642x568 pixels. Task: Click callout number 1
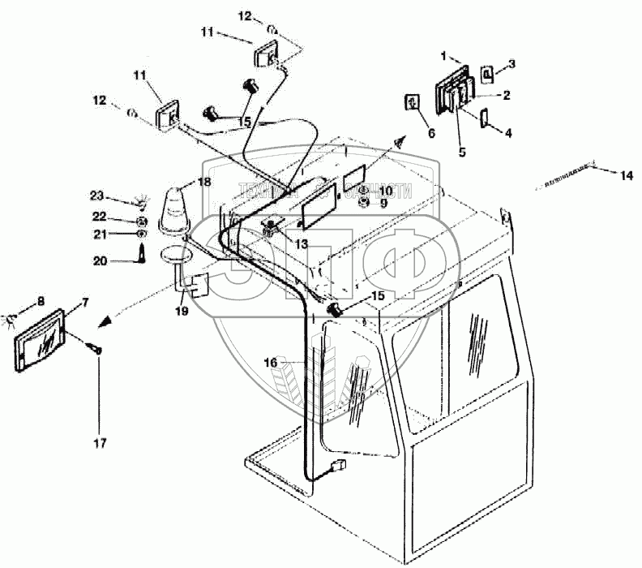click(443, 55)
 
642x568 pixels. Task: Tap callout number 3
click(511, 62)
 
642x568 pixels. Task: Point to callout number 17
click(99, 443)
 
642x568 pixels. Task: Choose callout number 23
click(96, 196)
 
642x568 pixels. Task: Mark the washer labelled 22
click(141, 221)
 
